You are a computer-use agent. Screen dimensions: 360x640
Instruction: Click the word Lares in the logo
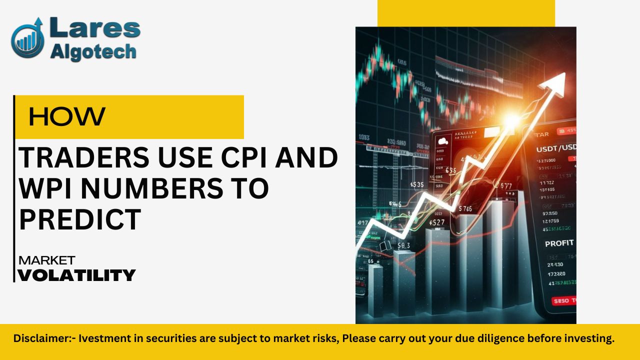coord(95,29)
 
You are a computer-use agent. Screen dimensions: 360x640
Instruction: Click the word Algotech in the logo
coord(93,51)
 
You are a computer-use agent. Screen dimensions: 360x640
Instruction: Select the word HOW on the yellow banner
coord(67,117)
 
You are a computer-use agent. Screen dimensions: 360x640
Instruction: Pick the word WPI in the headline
coord(45,188)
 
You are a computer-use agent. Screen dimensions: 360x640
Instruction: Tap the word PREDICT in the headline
coord(80,219)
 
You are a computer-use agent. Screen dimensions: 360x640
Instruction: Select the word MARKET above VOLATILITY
coord(46,260)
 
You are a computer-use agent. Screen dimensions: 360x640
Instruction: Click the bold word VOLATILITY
coord(76,275)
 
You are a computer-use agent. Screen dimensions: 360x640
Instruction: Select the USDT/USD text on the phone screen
coord(555,149)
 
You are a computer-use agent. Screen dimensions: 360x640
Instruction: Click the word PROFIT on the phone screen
coord(559,243)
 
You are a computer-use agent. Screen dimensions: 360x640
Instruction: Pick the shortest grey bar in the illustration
coord(375,290)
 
